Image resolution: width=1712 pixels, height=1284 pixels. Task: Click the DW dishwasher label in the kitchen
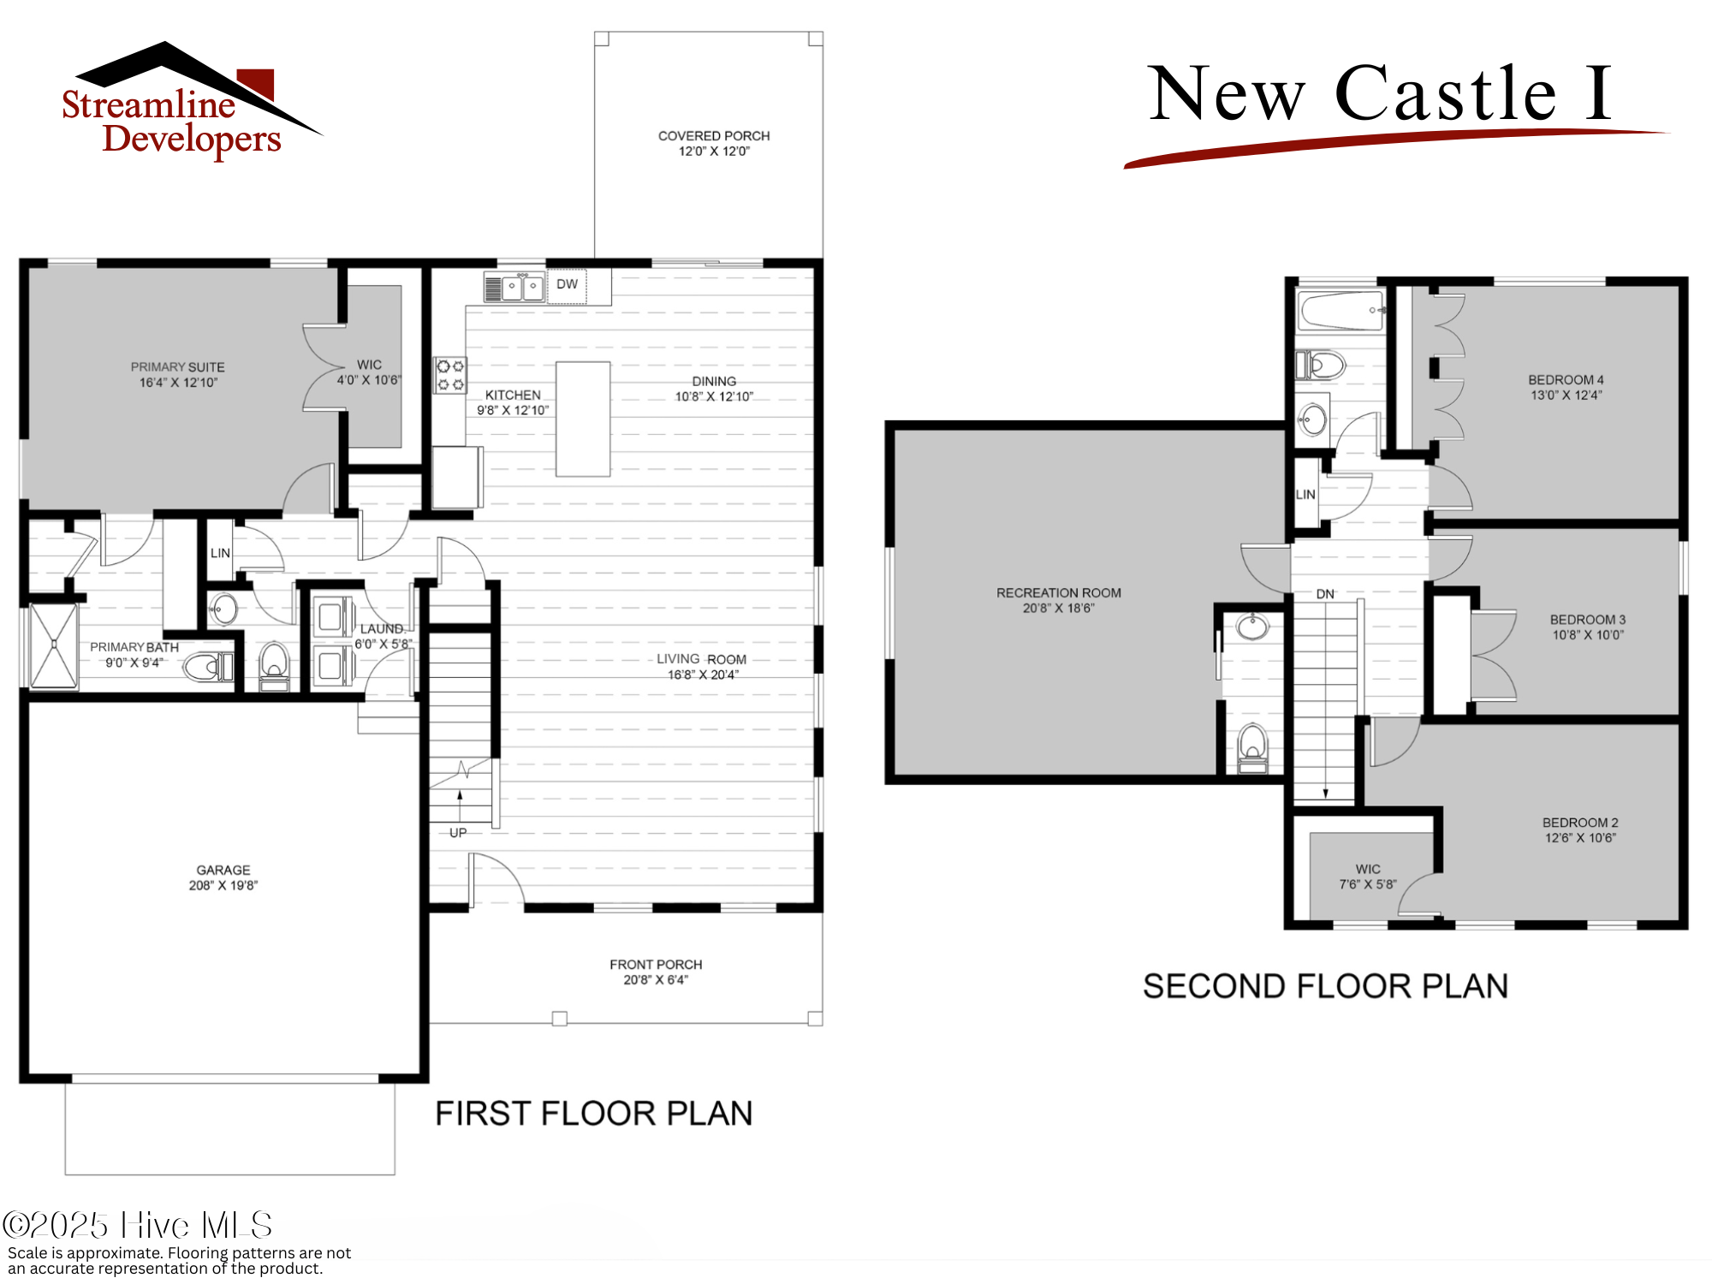567,284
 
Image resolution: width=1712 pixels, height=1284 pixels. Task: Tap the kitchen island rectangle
583,419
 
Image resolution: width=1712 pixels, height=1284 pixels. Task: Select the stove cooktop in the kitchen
450,375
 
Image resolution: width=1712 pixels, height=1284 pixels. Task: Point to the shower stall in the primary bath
54,645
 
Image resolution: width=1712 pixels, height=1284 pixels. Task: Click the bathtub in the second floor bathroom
1340,311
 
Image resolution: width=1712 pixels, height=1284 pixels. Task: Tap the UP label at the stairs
458,833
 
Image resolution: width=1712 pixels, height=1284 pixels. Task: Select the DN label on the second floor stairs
1325,594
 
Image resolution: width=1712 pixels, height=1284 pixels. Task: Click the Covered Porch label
714,136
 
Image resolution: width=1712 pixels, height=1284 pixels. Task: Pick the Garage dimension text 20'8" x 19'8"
223,886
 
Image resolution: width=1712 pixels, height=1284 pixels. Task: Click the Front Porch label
656,965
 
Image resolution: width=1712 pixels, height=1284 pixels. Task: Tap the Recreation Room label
1058,593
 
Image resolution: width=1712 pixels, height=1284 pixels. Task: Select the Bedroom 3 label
1587,620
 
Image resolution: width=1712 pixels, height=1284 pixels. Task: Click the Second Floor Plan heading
1325,987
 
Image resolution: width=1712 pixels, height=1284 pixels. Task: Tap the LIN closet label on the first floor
220,554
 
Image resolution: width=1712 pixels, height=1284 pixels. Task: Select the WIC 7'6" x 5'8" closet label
1368,877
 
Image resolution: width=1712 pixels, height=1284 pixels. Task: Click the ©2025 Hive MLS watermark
137,1226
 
